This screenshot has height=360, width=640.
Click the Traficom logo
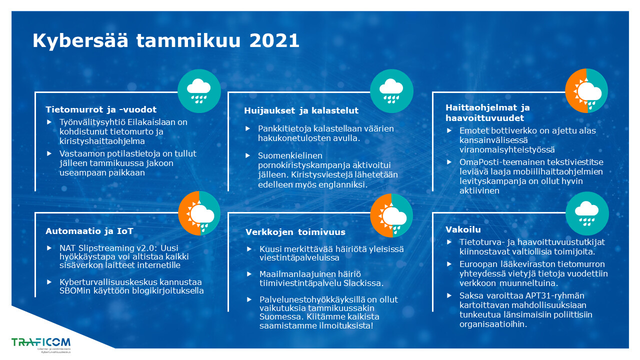pyautogui.click(x=41, y=345)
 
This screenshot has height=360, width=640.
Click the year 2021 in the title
pyautogui.click(x=274, y=40)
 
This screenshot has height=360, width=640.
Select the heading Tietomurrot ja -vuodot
pyautogui.click(x=101, y=109)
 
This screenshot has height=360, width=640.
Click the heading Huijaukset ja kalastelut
pyautogui.click(x=301, y=110)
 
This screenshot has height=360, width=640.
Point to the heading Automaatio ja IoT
pyautogui.click(x=89, y=231)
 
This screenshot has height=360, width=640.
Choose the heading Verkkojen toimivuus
pyautogui.click(x=295, y=232)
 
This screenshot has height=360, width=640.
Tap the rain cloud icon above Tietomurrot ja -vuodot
pyautogui.click(x=199, y=91)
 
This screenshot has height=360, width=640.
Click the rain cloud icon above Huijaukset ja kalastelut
pyautogui.click(x=391, y=91)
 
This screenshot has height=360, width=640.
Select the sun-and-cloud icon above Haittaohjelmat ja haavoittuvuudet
pyautogui.click(x=586, y=91)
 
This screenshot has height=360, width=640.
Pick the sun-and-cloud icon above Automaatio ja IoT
pyautogui.click(x=199, y=213)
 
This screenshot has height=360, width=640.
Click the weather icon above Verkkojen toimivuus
pyautogui.click(x=391, y=215)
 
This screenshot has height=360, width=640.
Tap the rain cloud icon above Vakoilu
pyautogui.click(x=587, y=213)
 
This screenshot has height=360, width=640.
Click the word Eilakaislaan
pyautogui.click(x=151, y=122)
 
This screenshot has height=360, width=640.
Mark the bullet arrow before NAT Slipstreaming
pyautogui.click(x=49, y=248)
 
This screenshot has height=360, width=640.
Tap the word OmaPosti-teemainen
pyautogui.click(x=499, y=162)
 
